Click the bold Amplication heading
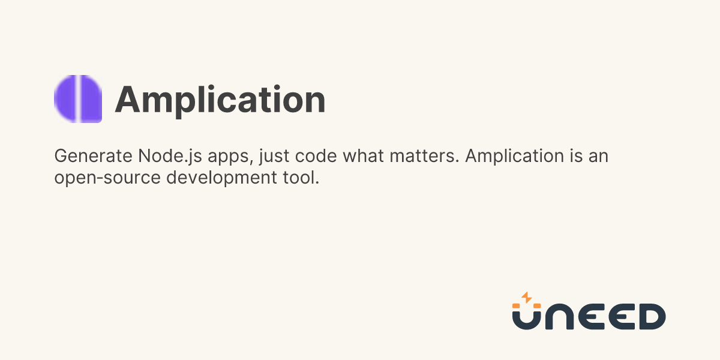point(220,100)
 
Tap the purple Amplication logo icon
point(78,99)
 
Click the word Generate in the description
point(93,157)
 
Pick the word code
point(316,156)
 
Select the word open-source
point(107,178)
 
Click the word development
point(221,178)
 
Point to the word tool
point(301,178)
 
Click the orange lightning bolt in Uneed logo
point(527,298)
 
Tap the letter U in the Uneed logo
point(527,320)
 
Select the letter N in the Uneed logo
point(560,317)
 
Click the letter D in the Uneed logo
point(653,317)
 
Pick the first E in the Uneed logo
point(592,317)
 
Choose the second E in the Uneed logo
point(622,317)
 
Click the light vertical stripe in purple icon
point(78,99)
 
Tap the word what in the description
point(363,156)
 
